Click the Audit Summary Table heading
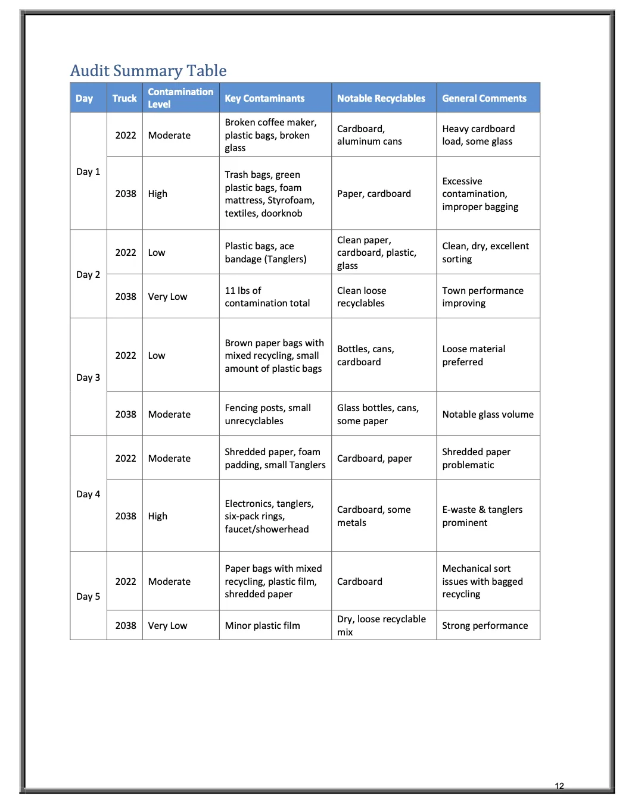[148, 71]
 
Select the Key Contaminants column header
[264, 98]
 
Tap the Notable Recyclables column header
[381, 98]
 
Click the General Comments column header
[484, 98]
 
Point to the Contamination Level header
[180, 98]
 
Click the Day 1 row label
[88, 171]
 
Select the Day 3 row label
[88, 377]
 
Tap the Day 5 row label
[88, 596]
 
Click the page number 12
[559, 786]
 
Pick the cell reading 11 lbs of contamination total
[267, 297]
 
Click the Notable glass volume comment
[488, 414]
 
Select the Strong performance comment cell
[485, 625]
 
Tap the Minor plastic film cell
[262, 625]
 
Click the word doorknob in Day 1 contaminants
[282, 214]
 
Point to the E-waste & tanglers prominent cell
[482, 516]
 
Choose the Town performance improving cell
[483, 297]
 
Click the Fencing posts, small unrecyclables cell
[267, 414]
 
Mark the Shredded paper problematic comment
[476, 458]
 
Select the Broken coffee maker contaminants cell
[270, 135]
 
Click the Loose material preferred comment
[474, 355]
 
